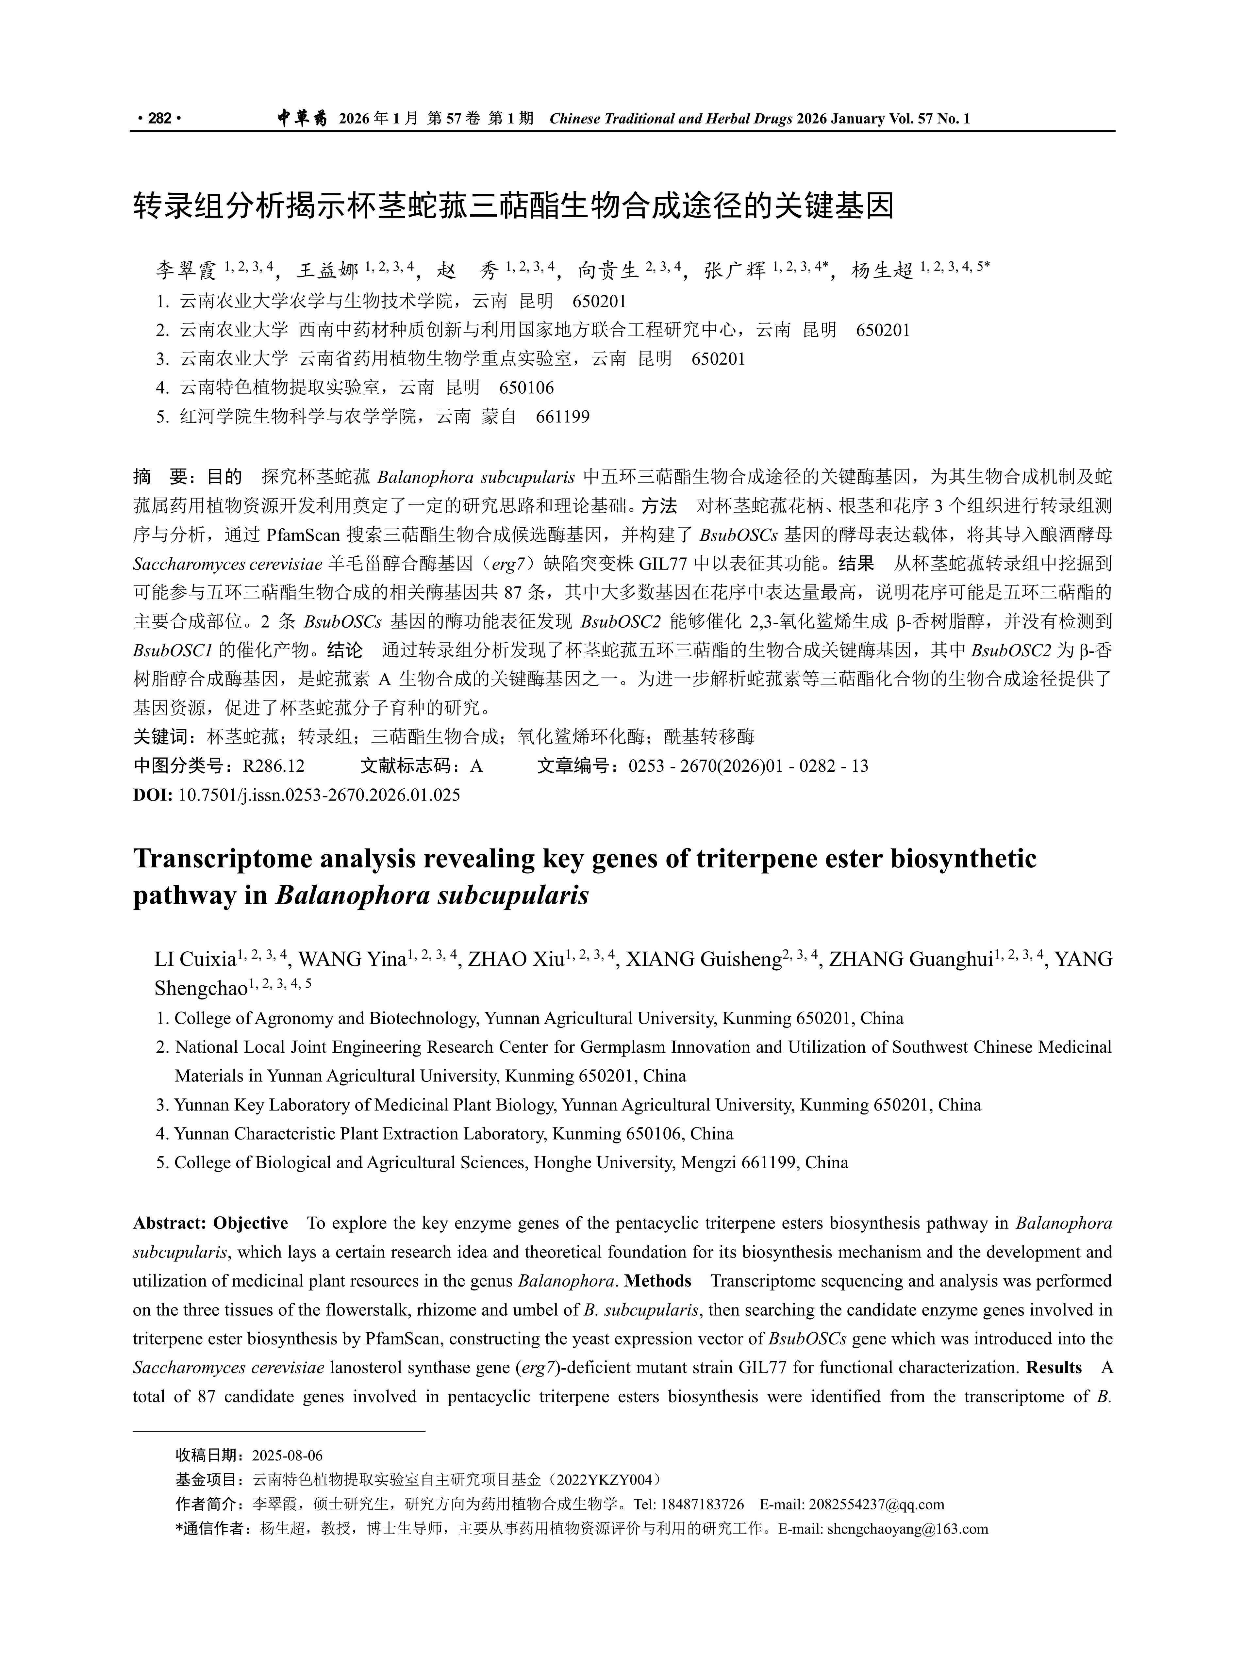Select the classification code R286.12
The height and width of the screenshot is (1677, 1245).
(x=274, y=766)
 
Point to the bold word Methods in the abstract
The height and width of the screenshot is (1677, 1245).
(x=657, y=1281)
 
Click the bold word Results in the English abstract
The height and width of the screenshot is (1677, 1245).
(x=1054, y=1367)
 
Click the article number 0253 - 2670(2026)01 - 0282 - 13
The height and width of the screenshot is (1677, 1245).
(x=748, y=766)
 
